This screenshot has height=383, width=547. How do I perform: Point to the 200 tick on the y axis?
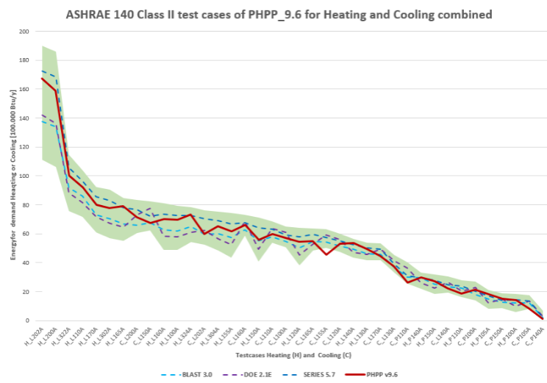pyautogui.click(x=24, y=32)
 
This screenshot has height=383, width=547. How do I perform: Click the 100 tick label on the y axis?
pyautogui.click(x=24, y=176)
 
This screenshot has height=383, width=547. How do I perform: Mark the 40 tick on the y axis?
pyautogui.click(x=26, y=263)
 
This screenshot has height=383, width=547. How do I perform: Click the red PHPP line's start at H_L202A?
pyautogui.click(x=42, y=78)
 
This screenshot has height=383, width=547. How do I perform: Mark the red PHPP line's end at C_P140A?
pyautogui.click(x=542, y=318)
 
